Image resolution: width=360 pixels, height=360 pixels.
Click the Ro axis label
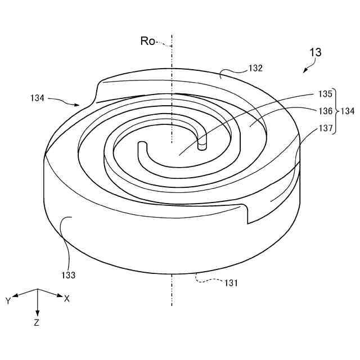(148, 40)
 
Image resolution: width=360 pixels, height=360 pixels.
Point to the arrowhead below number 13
(304, 71)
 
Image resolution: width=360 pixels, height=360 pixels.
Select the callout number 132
(255, 69)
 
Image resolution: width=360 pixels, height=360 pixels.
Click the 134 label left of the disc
(37, 98)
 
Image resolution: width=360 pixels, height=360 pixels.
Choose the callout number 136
(325, 111)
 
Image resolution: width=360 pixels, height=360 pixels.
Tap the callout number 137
(325, 129)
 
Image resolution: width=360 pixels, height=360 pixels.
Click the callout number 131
(231, 283)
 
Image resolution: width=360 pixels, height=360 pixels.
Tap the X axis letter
(67, 299)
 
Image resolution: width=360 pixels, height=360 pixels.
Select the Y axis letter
(8, 301)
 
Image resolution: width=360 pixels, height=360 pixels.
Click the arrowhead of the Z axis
(37, 314)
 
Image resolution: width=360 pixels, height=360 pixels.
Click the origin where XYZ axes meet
(37, 289)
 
